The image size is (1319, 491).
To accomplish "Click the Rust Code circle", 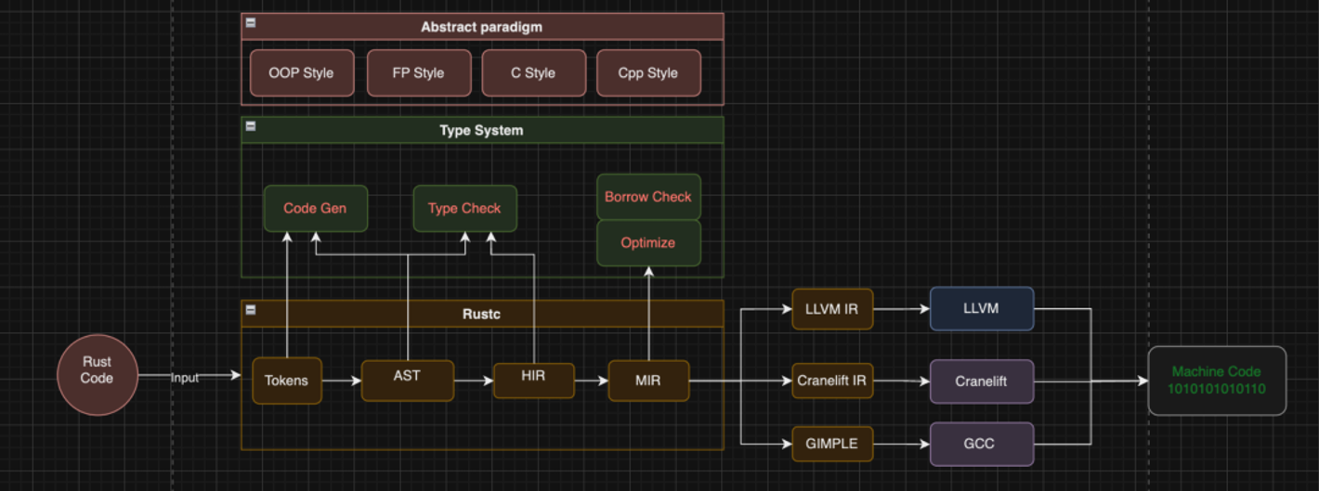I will coord(97,375).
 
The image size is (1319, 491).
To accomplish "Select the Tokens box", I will coord(286,381).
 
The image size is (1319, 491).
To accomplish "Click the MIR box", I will coord(648,381).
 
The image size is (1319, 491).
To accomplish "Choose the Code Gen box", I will coord(315,209).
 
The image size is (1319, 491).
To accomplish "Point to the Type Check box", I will coord(464,209).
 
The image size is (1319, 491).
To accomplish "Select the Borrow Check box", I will coord(648,197).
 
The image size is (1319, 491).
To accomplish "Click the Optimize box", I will coord(648,243).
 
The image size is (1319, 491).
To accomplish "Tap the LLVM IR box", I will coord(832,309).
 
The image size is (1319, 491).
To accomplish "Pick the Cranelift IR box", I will coord(832,381).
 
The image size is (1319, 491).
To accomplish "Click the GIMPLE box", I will coord(832,444).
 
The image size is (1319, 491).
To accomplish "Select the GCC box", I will coord(981,444).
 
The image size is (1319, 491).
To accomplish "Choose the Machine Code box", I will coord(1217,381).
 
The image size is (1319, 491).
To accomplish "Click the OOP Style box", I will coord(301,73).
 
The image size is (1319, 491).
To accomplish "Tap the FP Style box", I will coord(418,73).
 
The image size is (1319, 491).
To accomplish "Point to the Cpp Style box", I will coord(647,73).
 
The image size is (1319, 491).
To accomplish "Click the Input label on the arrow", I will coord(185,378).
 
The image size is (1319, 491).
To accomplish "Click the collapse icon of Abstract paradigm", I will coord(251,23).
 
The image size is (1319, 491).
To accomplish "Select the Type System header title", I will coord(481,131).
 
